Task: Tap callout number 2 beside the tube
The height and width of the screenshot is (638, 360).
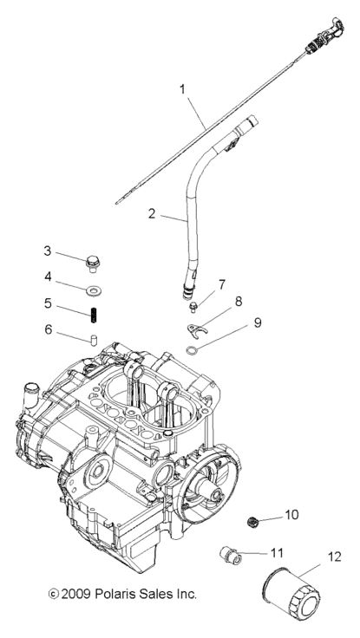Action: [x=152, y=212]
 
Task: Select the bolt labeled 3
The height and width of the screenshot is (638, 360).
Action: [x=92, y=258]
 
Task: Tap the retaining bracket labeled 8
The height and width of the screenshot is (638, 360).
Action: [x=200, y=328]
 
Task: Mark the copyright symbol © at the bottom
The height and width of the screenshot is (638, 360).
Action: [x=53, y=595]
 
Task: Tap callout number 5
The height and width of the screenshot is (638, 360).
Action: [x=48, y=304]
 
